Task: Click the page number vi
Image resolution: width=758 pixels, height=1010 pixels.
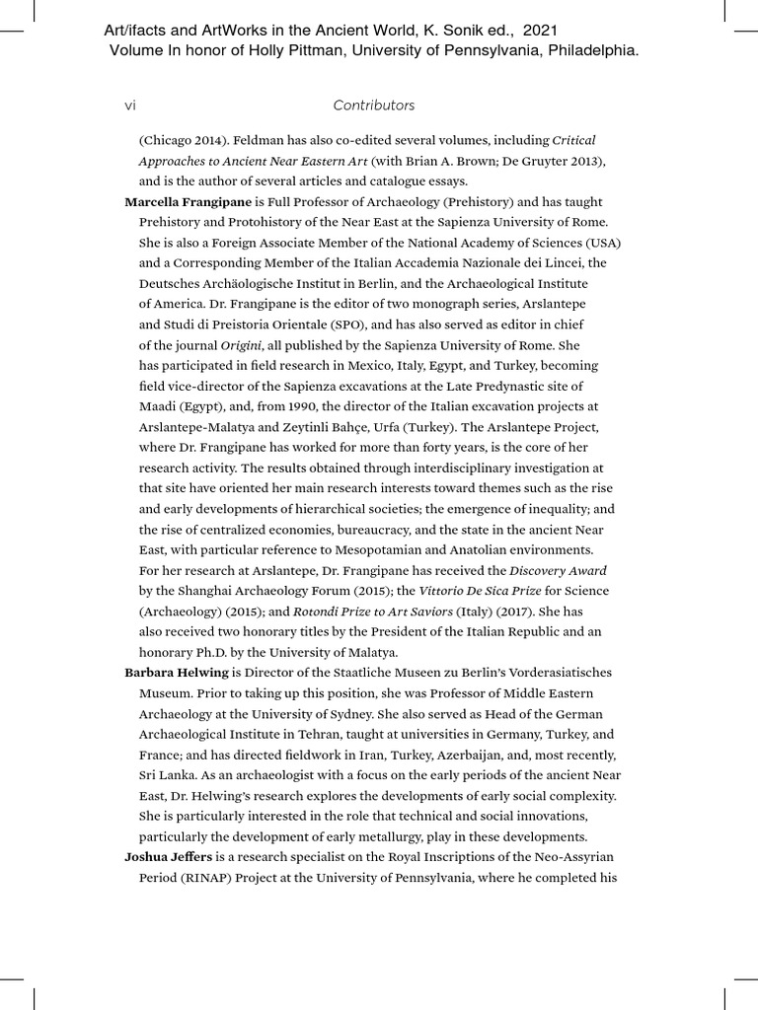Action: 130,106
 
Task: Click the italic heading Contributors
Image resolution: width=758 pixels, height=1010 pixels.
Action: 373,106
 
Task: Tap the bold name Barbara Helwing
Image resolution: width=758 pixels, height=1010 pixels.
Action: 176,673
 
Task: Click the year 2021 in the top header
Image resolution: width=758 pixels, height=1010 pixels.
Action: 540,32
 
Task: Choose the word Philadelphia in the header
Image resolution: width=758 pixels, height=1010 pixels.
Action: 588,50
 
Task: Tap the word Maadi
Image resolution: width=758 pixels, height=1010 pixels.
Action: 159,407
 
